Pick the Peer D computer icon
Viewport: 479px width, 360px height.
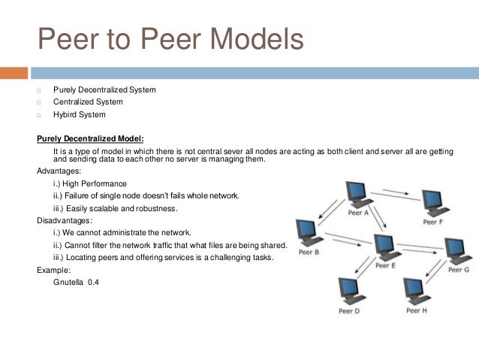point(348,290)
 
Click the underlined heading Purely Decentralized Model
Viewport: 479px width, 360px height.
point(90,138)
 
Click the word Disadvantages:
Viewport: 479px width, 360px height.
point(64,221)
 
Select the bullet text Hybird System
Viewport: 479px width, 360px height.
point(79,115)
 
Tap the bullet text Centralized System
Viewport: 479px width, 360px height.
point(88,102)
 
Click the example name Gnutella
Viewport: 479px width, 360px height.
point(68,282)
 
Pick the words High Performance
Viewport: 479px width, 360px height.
point(96,184)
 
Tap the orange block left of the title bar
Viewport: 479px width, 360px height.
point(14,74)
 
